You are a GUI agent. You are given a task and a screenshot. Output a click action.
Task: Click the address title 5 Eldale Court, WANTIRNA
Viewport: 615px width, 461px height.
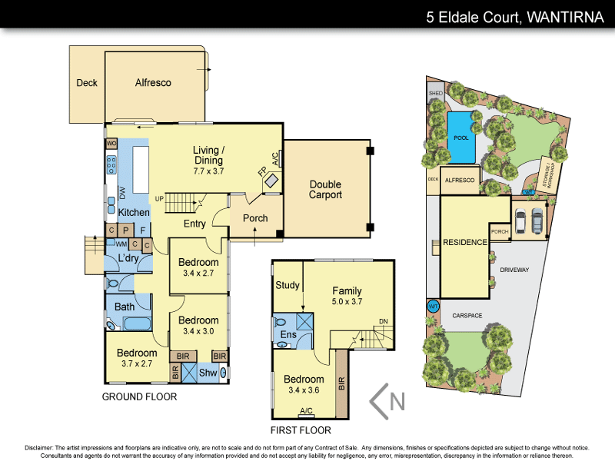(x=515, y=16)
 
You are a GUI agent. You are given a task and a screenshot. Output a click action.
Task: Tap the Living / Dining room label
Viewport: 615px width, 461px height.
(x=208, y=155)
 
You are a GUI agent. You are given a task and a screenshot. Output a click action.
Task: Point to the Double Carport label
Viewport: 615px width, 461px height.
(x=325, y=190)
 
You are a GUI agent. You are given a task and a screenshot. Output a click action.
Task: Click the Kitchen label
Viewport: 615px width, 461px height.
(x=134, y=212)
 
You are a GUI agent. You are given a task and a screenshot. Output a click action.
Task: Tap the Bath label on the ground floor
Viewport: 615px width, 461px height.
(x=125, y=307)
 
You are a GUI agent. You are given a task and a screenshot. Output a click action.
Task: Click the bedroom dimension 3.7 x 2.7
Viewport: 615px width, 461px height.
(x=136, y=364)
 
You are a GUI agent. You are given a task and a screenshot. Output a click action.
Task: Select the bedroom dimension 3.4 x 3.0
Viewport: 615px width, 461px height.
(x=199, y=331)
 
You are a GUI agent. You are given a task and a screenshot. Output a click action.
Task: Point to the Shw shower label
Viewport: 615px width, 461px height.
(x=208, y=373)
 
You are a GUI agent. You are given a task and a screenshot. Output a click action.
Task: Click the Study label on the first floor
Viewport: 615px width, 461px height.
(x=287, y=286)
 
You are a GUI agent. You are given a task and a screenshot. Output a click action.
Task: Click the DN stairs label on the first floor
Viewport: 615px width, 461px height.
(x=384, y=322)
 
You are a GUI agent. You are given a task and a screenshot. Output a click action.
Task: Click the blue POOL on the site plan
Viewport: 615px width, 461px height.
(x=460, y=138)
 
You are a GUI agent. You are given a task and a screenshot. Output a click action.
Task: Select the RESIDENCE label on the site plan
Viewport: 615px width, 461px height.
(x=465, y=243)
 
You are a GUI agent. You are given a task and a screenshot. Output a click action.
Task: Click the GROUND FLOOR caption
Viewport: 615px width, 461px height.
(x=139, y=397)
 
